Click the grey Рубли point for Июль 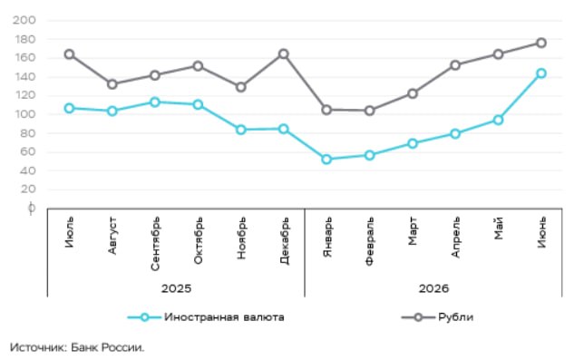coord(69,54)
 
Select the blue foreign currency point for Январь coord(326,160)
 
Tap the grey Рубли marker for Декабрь coord(284,54)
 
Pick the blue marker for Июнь coord(541,73)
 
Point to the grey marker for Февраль coord(369,111)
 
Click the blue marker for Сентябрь coord(155,102)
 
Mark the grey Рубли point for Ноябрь coord(241,87)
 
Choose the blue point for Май coord(498,120)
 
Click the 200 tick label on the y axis coord(24,20)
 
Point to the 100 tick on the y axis coord(25,114)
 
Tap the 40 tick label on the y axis coord(27,170)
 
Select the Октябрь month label coord(198,240)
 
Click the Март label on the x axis coord(413,231)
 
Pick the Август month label coord(112,236)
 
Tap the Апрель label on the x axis coord(455,238)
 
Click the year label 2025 coord(176,288)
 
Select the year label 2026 coord(433,288)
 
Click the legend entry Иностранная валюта coord(224,317)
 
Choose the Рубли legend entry coord(456,317)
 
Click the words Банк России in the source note coord(107,347)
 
